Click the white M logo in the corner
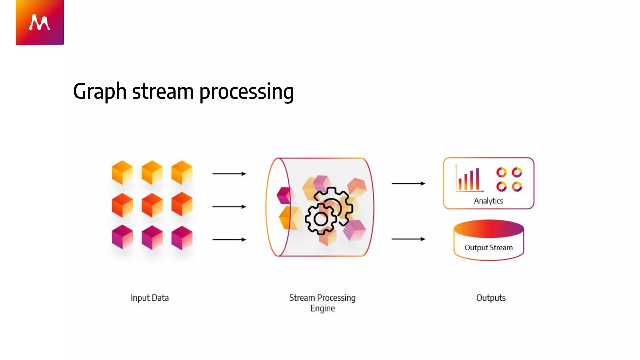(x=39, y=22)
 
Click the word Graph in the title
(x=99, y=92)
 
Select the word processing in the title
(x=246, y=92)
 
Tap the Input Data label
(x=150, y=298)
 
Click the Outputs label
(x=491, y=298)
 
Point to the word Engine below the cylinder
(x=322, y=308)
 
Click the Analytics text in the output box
(x=488, y=201)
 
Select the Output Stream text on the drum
(x=488, y=247)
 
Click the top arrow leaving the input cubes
(x=229, y=173)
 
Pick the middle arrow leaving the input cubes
(x=229, y=207)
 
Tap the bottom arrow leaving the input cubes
(x=229, y=239)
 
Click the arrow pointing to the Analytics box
(x=408, y=183)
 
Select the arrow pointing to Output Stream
(x=408, y=239)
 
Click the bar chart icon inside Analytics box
(x=469, y=180)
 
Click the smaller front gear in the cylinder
(x=321, y=219)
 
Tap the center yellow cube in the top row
(x=152, y=172)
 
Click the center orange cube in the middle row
(x=152, y=205)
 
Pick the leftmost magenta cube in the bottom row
(x=122, y=237)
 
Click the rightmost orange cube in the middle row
(x=182, y=204)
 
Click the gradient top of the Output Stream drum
(x=488, y=228)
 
